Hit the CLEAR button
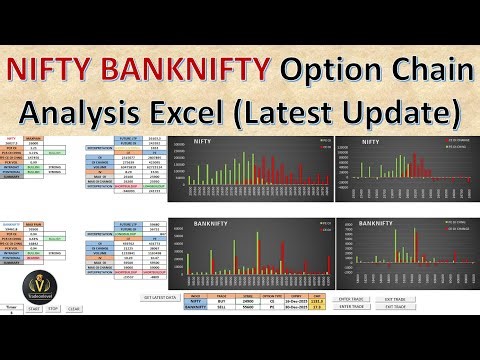73,309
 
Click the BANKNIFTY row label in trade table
195,309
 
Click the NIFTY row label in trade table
195,303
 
